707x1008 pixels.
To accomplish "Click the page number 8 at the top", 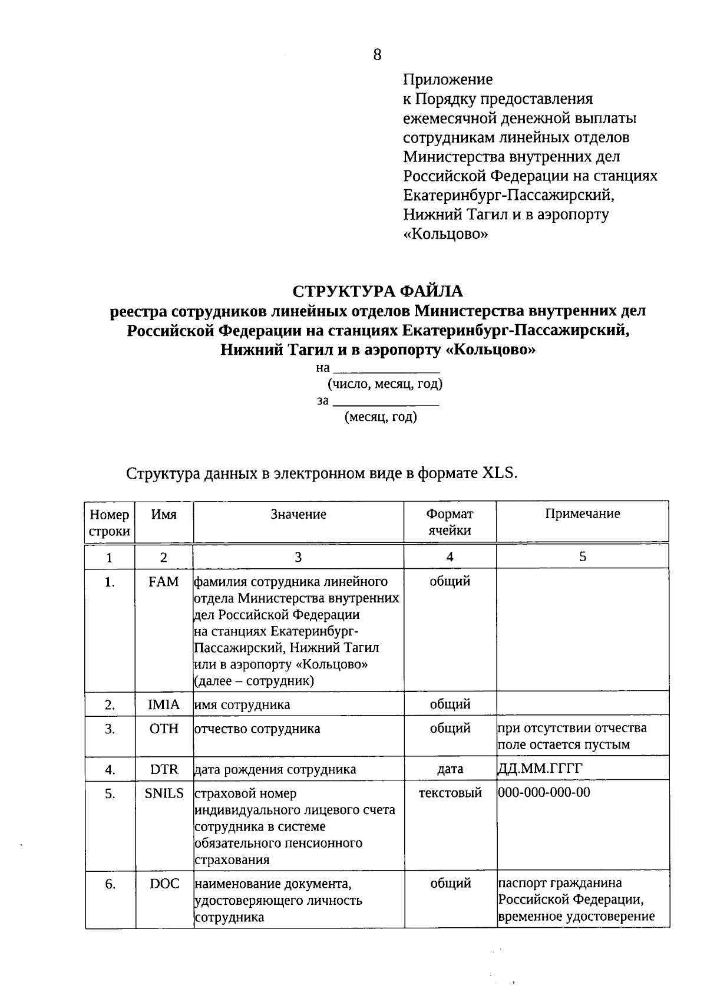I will coord(378,55).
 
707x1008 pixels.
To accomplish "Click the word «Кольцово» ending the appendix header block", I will coord(446,234).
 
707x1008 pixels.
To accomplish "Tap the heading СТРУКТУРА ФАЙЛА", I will coord(378,291).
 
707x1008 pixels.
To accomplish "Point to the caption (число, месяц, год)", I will coord(385,384).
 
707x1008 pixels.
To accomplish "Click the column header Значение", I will coord(298,515).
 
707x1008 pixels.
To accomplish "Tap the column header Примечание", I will coord(582,514).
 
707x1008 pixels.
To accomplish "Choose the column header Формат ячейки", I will coord(450,522).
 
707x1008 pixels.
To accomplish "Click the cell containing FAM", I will coord(163,582).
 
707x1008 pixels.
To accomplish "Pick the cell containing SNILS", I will coord(164,793).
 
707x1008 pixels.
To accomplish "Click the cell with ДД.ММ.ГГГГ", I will coord(536,769).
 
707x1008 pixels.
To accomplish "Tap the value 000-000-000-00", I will coord(544,792).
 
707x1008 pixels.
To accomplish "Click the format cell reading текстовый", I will coord(450,793).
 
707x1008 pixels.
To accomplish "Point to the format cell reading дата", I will coord(450,769).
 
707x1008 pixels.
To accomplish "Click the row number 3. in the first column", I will coord(110,729).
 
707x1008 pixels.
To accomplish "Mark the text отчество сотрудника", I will coord(257,729).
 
